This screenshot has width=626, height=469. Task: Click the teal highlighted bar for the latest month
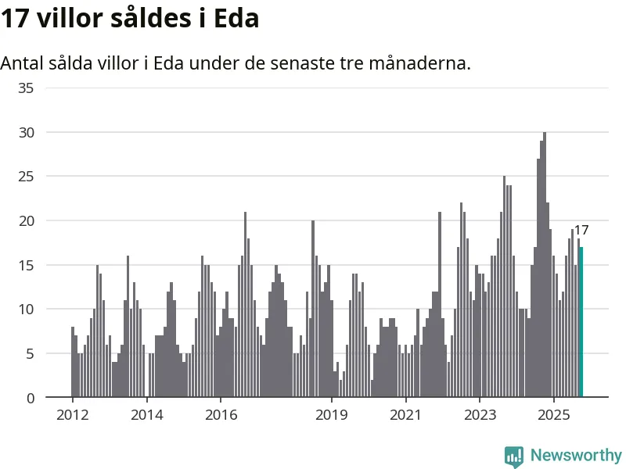point(581,322)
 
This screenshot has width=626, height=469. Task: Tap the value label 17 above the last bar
point(581,231)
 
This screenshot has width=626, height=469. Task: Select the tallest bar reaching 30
point(545,266)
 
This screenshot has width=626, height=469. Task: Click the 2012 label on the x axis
point(72,414)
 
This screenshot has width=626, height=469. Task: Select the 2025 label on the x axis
point(554,414)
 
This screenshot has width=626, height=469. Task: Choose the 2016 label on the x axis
point(221,414)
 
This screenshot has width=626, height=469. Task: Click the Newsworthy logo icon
point(513,456)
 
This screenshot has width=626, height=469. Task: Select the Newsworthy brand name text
point(576,455)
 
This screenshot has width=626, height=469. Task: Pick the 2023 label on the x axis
point(480,414)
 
